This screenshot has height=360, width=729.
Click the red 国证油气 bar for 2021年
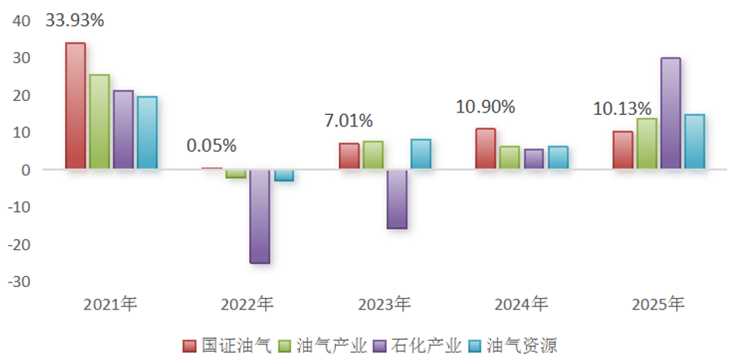point(75,106)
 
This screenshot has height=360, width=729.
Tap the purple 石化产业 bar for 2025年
point(671,113)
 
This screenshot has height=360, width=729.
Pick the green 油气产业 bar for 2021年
point(99,122)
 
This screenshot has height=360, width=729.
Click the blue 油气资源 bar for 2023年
point(420,154)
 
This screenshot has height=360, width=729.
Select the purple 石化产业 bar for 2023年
point(397,199)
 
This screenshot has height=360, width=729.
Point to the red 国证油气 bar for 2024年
point(485,148)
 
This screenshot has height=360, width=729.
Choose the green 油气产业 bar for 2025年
point(647,144)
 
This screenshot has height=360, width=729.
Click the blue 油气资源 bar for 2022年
point(284,175)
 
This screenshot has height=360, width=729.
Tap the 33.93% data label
point(74,21)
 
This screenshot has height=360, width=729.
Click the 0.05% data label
point(212,145)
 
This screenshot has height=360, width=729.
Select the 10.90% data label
point(485,107)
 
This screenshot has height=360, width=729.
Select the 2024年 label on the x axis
point(522,304)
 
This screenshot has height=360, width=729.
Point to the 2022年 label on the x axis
point(247,304)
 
